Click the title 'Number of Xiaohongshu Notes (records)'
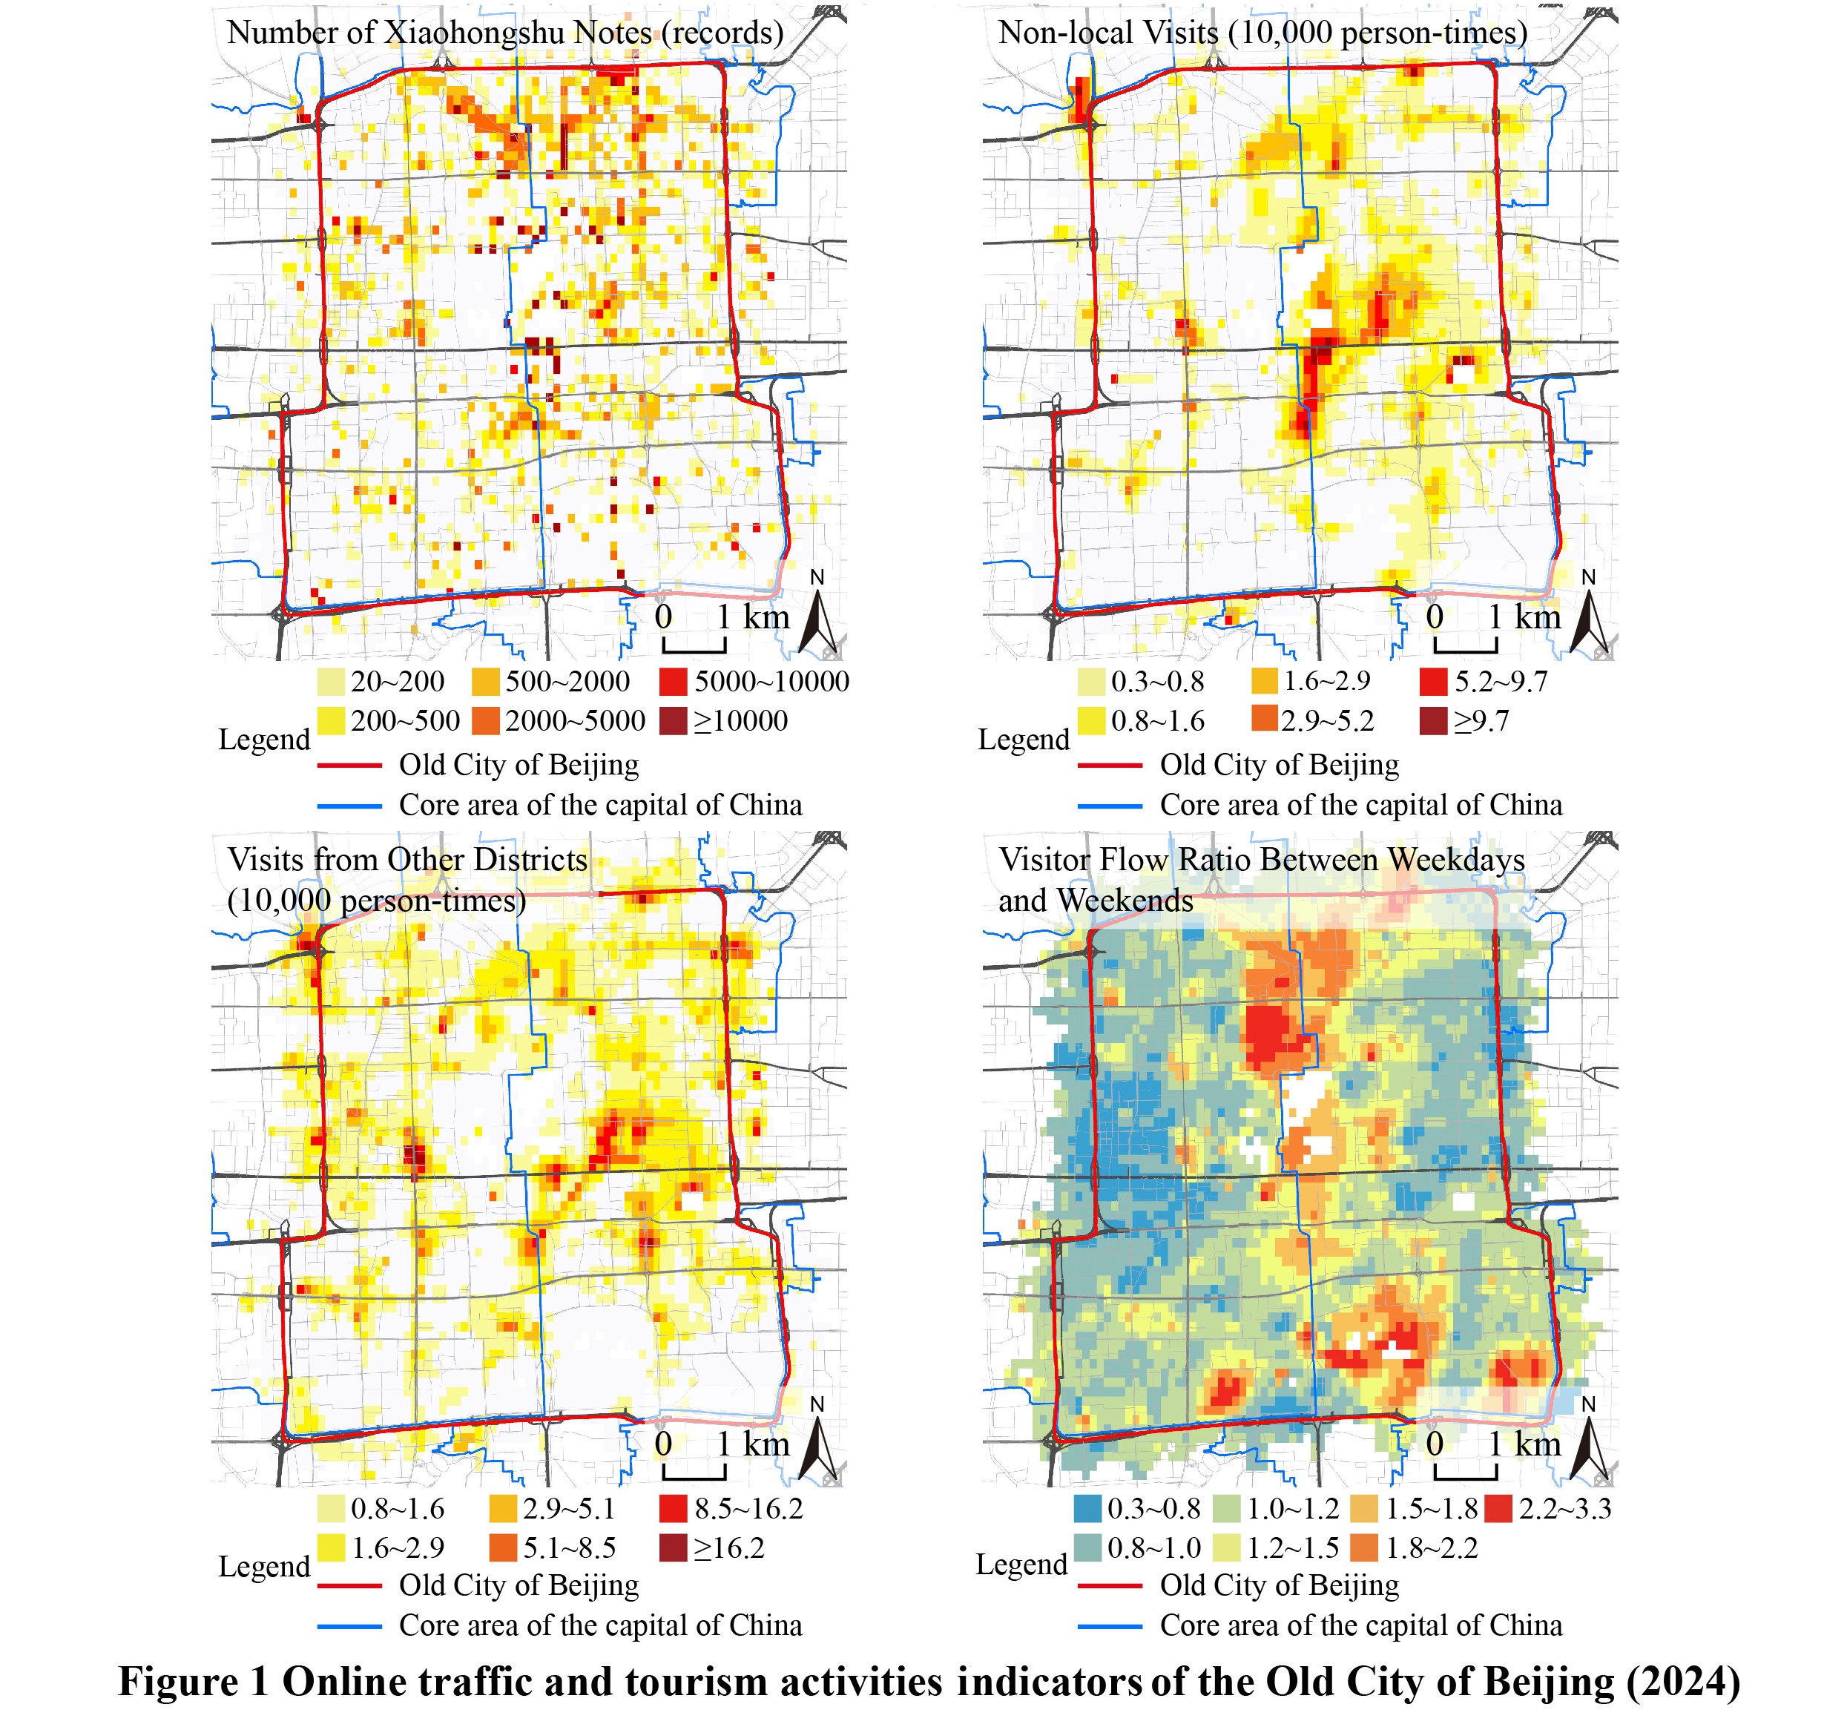[x=504, y=33]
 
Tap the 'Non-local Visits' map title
[x=1262, y=33]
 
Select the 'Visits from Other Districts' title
[x=407, y=859]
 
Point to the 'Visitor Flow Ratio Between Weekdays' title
[x=1261, y=859]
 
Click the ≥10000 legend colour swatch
[x=673, y=721]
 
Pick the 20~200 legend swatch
[x=331, y=682]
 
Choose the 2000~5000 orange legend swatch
[x=486, y=721]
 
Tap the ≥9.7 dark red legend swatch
[x=1434, y=721]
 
